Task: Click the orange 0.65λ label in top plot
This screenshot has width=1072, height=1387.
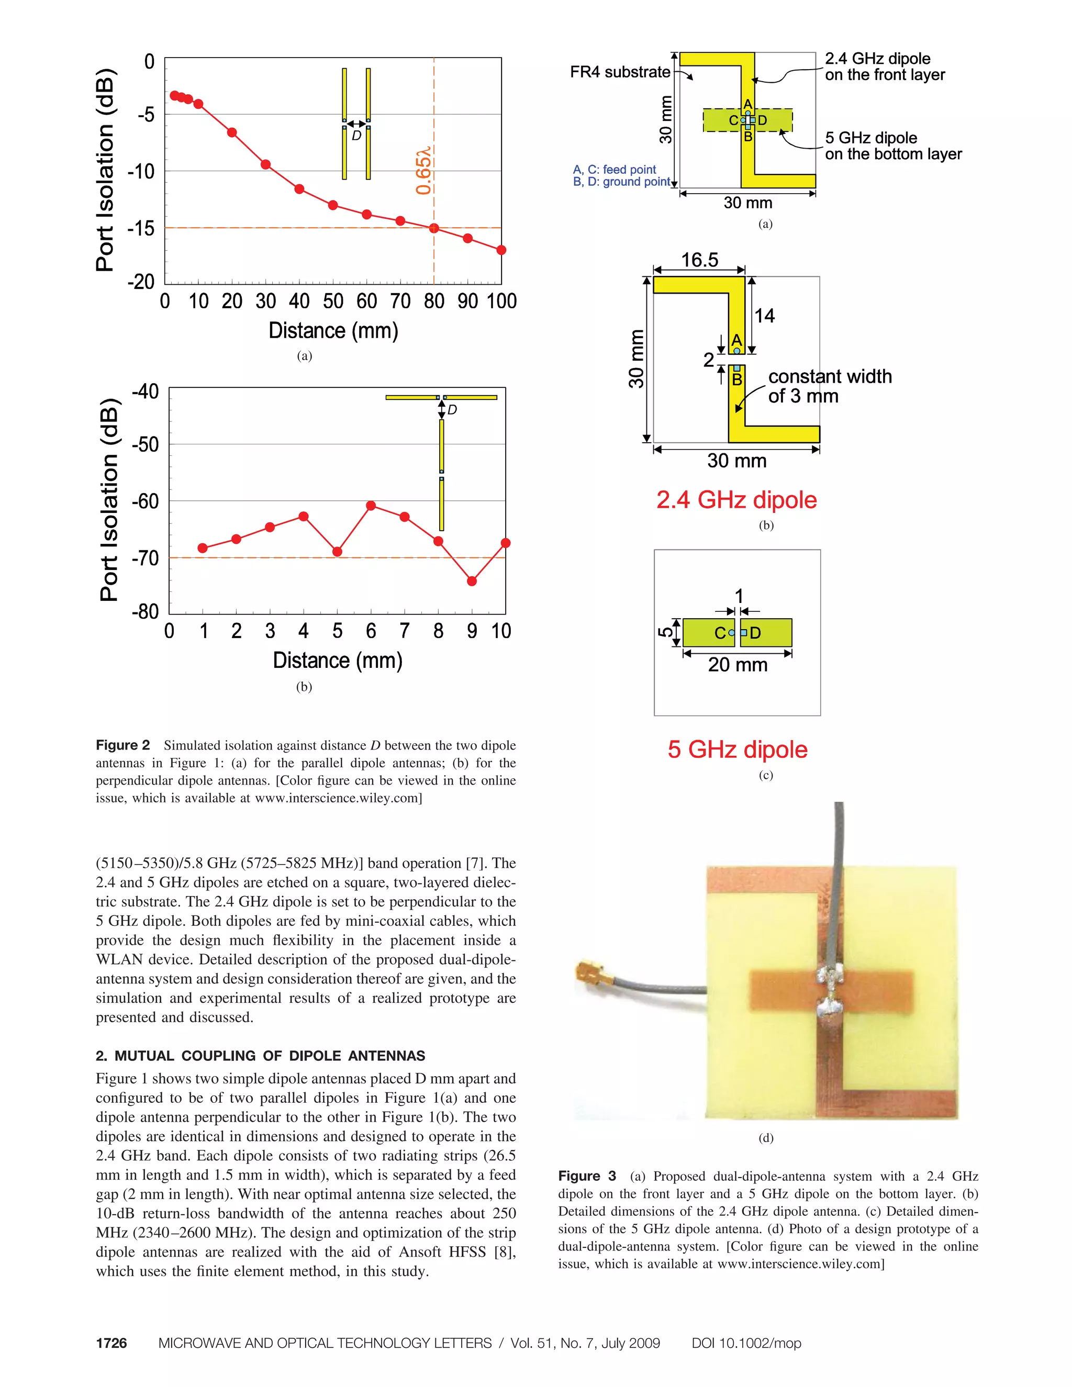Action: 423,170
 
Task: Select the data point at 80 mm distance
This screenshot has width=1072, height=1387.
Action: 434,228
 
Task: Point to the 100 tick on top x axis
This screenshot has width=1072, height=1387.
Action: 501,301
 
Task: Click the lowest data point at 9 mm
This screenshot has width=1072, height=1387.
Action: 471,581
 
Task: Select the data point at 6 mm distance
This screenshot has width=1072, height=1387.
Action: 371,506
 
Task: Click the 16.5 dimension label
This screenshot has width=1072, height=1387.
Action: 699,260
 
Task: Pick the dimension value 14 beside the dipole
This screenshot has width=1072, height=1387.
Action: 765,316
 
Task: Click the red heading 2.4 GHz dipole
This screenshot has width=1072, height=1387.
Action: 736,500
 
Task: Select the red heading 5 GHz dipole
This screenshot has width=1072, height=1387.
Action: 736,750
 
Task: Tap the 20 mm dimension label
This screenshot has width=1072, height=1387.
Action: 738,665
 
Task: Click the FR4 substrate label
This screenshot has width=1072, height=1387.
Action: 620,72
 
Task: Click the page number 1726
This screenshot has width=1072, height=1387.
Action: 111,1343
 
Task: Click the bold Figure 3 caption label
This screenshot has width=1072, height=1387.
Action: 587,1176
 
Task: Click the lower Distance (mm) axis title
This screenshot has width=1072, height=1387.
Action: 337,661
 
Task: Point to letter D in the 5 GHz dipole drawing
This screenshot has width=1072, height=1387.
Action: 755,633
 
